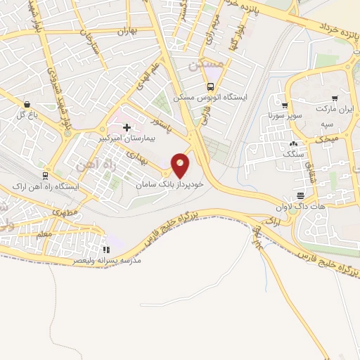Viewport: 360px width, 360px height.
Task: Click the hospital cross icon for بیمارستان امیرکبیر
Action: point(127,127)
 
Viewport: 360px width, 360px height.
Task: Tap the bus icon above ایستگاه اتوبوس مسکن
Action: point(210,86)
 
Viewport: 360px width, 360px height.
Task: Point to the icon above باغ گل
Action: point(26,103)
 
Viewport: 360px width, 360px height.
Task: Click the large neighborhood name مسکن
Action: point(205,64)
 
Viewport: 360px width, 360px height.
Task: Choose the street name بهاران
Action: point(125,32)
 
